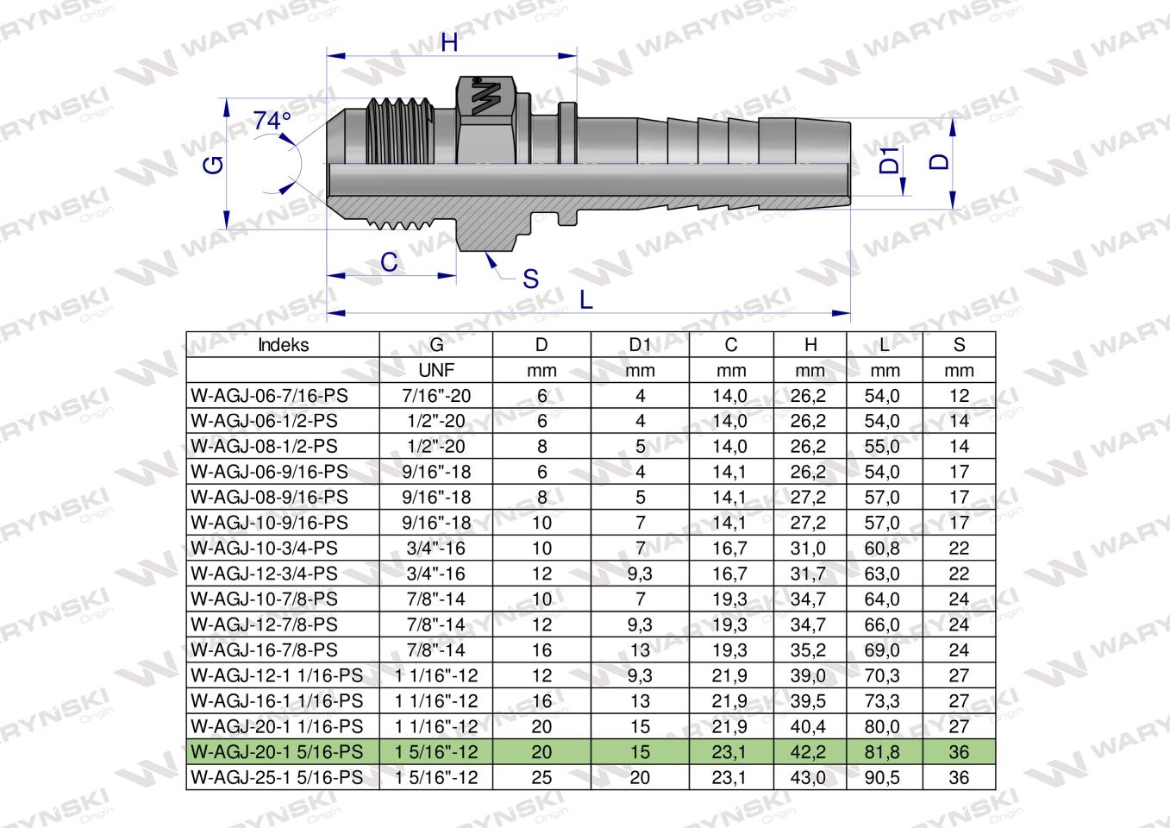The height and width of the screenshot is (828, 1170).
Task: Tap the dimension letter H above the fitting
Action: (449, 42)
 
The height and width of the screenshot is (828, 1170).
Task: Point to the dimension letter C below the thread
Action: (389, 262)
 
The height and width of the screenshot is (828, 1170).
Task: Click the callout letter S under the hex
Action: (531, 279)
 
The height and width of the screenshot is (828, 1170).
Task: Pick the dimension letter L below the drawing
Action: (586, 299)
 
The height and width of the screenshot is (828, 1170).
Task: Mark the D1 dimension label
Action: (889, 160)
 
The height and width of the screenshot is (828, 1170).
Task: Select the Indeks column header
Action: (283, 345)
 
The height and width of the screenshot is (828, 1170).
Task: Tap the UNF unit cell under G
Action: (436, 371)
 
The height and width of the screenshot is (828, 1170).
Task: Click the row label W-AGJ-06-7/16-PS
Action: (271, 396)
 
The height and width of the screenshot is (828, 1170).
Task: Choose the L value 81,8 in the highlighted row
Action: (885, 752)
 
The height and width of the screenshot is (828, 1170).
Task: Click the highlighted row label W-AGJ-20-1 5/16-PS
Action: (277, 752)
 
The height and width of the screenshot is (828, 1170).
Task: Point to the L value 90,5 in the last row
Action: (885, 777)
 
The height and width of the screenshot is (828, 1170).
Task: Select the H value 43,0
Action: (810, 777)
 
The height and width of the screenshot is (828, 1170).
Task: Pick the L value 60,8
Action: (885, 549)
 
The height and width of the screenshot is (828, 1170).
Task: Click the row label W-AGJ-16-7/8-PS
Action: (264, 650)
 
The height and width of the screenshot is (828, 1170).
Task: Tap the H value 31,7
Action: (810, 574)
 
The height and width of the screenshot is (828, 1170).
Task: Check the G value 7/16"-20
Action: (436, 396)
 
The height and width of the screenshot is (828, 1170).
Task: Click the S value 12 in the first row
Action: (959, 396)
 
